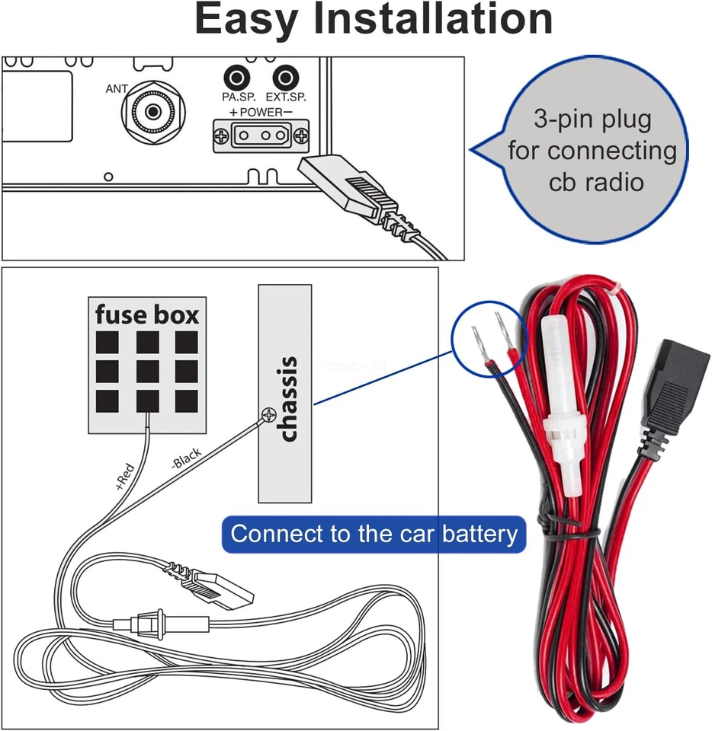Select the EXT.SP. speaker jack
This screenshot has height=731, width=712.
tap(285, 78)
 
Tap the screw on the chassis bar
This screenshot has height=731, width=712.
tap(268, 415)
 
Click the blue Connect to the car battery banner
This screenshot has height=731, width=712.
tap(374, 534)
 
